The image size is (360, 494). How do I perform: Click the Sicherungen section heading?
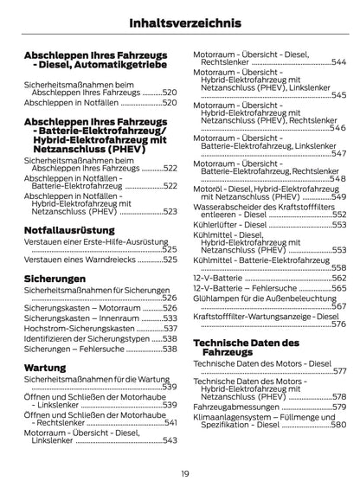coord(55,279)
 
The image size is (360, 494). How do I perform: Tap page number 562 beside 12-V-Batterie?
coord(338,278)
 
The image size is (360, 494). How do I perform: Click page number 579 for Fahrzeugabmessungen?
coord(338,406)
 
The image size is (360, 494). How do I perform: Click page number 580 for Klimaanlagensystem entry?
coord(338,425)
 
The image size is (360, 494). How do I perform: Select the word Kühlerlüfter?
coord(217,224)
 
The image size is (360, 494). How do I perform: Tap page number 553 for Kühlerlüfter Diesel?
coord(338,224)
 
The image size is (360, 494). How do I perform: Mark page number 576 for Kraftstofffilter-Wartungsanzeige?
coord(338,324)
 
